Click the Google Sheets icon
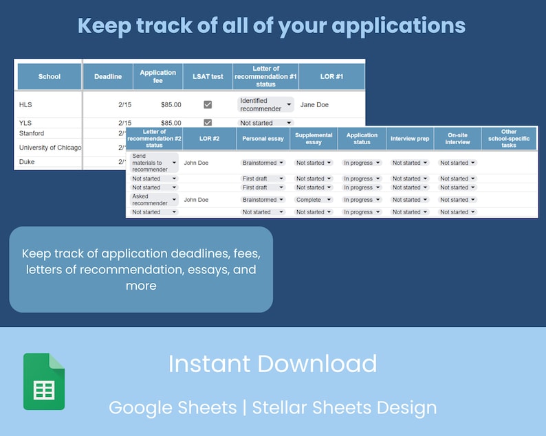click(x=44, y=381)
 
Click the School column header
click(x=50, y=77)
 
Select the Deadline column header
click(x=108, y=77)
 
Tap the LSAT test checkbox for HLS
click(x=208, y=105)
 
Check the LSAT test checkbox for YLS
click(x=208, y=123)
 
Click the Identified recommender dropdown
click(x=265, y=105)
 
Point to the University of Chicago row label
click(x=50, y=148)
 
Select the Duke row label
click(x=28, y=162)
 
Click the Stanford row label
click(x=32, y=133)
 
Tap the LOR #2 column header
click(x=209, y=139)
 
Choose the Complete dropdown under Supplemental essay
click(x=314, y=200)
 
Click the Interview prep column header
click(x=410, y=139)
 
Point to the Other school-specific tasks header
click(x=509, y=139)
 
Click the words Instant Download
click(x=272, y=364)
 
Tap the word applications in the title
click(x=399, y=25)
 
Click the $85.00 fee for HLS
click(x=171, y=105)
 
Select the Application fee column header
click(x=158, y=77)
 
